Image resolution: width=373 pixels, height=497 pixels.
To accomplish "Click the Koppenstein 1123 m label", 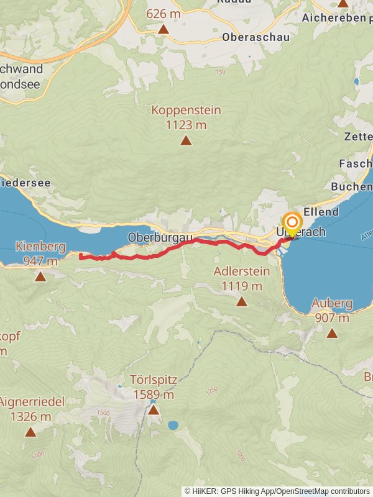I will pyautogui.click(x=186, y=117).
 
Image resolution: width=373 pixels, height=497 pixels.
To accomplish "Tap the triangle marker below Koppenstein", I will pyautogui.click(x=186, y=141).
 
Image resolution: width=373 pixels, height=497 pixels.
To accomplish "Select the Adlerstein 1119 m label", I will pyautogui.click(x=241, y=278).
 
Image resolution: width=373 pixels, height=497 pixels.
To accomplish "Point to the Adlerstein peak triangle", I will pyautogui.click(x=241, y=302).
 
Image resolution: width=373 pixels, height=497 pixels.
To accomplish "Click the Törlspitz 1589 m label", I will pyautogui.click(x=154, y=386).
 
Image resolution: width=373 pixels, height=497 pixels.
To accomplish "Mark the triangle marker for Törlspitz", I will pyautogui.click(x=154, y=410).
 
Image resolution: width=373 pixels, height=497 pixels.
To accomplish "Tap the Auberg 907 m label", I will pyautogui.click(x=332, y=310).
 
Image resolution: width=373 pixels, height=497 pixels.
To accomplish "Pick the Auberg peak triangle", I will pyautogui.click(x=332, y=334).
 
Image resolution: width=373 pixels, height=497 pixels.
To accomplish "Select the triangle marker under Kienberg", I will pyautogui.click(x=40, y=276).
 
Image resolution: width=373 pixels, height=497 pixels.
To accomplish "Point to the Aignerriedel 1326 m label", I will pyautogui.click(x=32, y=408).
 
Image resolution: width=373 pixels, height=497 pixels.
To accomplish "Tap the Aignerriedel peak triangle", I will pyautogui.click(x=30, y=431).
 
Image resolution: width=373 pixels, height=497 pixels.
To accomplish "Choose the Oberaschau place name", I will pyautogui.click(x=256, y=37).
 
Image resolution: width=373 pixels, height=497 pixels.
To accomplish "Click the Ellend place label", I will pyautogui.click(x=323, y=212).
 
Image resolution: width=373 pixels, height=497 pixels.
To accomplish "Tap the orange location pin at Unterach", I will pyautogui.click(x=292, y=223).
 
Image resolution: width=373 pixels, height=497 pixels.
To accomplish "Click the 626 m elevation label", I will pyautogui.click(x=163, y=12).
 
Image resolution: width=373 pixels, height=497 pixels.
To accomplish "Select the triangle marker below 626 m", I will pyautogui.click(x=163, y=29).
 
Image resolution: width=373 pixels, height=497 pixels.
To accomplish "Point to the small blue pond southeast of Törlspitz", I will pyautogui.click(x=173, y=426).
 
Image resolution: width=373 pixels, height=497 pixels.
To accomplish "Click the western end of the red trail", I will pyautogui.click(x=81, y=257).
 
